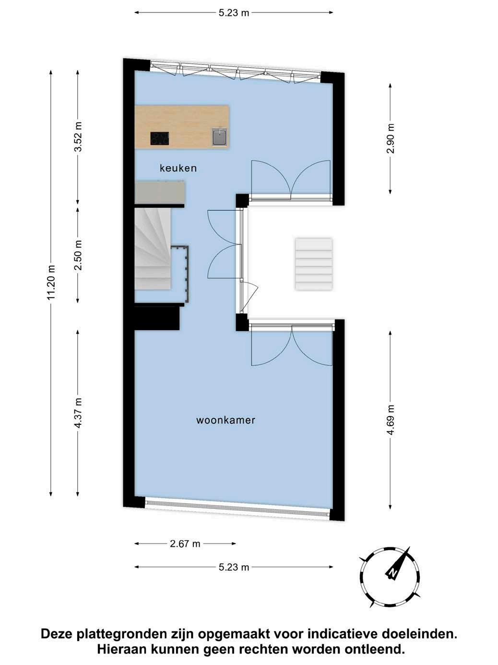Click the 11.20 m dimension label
point(52,283)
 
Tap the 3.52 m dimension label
point(79,136)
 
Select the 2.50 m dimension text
point(79,255)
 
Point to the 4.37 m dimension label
point(79,413)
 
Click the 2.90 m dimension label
point(391,138)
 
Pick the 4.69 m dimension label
point(391,420)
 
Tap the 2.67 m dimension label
point(185,544)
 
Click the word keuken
point(178,168)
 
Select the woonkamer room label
point(225,420)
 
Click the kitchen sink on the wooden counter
point(219,136)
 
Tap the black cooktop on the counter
point(160,138)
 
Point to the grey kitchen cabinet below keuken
point(159,192)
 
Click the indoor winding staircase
point(153,248)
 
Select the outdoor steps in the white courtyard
point(314,264)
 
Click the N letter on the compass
point(393,573)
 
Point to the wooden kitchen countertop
point(182,127)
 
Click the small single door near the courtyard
point(249,297)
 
